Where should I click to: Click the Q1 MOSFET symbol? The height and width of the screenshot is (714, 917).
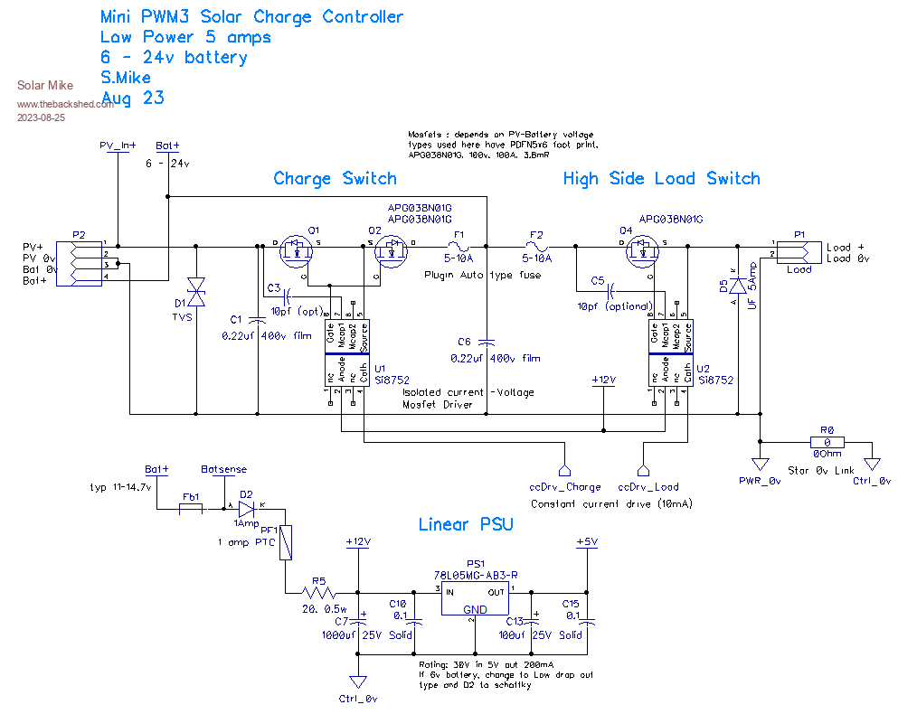click(x=295, y=249)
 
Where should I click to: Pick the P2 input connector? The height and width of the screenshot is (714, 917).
click(x=79, y=263)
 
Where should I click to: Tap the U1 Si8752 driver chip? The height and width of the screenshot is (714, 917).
click(x=345, y=354)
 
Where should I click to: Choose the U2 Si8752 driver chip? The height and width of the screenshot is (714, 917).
click(x=669, y=354)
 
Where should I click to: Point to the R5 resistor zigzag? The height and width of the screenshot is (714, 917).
click(x=319, y=593)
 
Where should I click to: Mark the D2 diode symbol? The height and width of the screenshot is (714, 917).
click(x=246, y=506)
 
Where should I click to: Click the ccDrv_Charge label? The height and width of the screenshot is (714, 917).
click(x=565, y=486)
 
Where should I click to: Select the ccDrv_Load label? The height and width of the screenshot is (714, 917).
click(x=648, y=486)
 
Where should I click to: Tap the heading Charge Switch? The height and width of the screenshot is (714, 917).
click(x=335, y=178)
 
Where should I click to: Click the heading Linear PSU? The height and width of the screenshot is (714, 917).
click(x=467, y=524)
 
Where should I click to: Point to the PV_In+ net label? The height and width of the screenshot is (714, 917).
click(x=118, y=145)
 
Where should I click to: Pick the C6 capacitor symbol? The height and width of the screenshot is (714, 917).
click(x=487, y=342)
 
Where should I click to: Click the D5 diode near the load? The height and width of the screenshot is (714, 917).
click(x=738, y=285)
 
